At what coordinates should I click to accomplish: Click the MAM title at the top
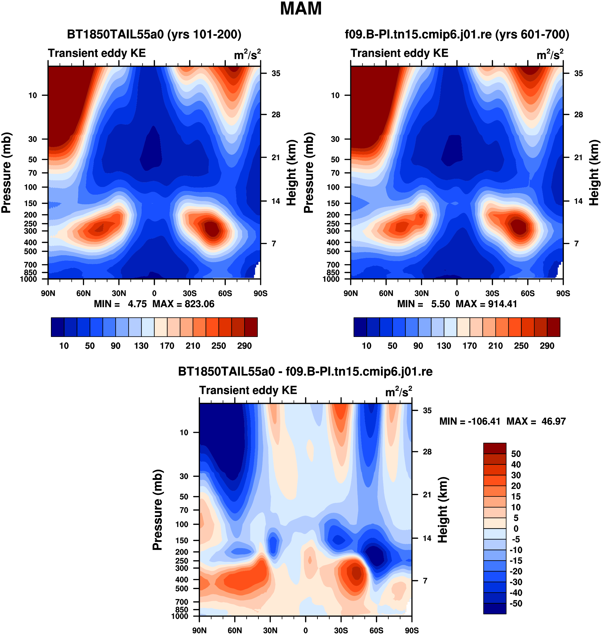[x=301, y=9]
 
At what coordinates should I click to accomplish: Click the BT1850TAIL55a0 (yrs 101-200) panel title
[x=154, y=34]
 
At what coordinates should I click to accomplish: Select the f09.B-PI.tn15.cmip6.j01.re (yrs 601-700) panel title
[x=457, y=34]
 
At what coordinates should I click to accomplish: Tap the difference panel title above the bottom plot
[x=305, y=372]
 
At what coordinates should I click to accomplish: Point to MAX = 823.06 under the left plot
[x=183, y=304]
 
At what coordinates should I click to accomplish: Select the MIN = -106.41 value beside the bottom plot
[x=470, y=421]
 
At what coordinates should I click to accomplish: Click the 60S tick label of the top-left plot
[x=225, y=293]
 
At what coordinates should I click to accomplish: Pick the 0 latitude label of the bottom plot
[x=306, y=630]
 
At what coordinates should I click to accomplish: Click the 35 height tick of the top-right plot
[x=579, y=74]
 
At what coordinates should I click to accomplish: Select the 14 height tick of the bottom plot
[x=427, y=538]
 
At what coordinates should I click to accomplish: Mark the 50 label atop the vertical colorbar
[x=516, y=454]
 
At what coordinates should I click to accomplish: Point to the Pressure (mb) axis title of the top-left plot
[x=6, y=173]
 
